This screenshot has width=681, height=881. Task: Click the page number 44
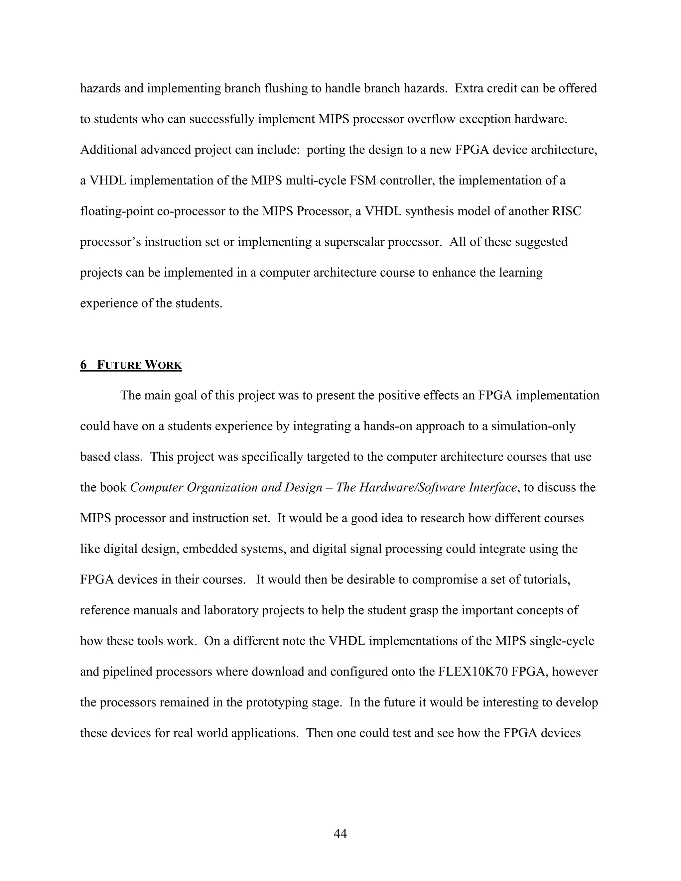pos(340,833)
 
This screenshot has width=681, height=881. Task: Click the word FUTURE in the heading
pos(119,365)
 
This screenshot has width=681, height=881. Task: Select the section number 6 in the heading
pos(83,365)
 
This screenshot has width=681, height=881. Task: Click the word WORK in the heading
pos(163,365)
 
